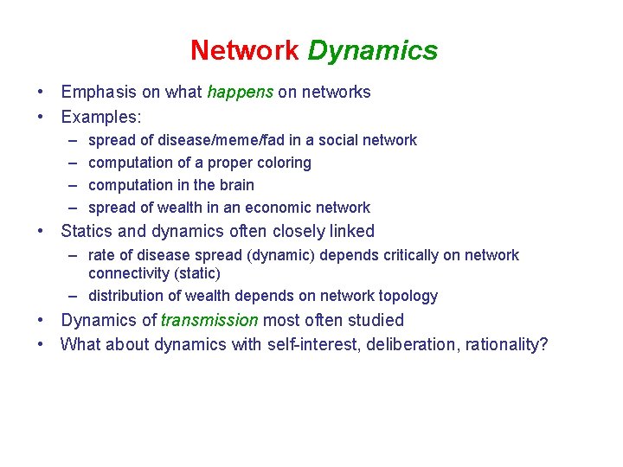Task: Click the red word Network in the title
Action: coord(244,50)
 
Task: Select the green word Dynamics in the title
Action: coord(372,50)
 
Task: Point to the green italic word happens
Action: coord(241,92)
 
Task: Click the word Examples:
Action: coord(101,115)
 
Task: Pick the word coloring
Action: coord(282,163)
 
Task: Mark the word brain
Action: coord(236,185)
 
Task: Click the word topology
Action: coord(408,296)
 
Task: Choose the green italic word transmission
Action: coord(209,320)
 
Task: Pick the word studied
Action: coord(376,320)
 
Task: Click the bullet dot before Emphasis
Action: coord(42,92)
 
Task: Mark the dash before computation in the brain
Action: coord(71,185)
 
